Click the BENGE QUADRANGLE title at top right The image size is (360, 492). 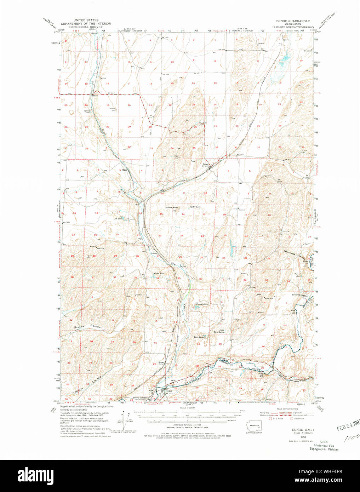tap(293, 21)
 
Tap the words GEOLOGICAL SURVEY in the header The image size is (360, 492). tap(86, 27)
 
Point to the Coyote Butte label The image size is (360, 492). tap(172, 207)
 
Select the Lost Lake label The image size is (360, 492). tap(118, 219)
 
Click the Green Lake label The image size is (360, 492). tap(159, 273)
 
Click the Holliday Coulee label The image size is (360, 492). tap(87, 384)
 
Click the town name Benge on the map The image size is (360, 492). tap(206, 164)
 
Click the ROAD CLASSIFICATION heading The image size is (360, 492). tap(287, 409)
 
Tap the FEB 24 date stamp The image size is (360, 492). tap(348, 425)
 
